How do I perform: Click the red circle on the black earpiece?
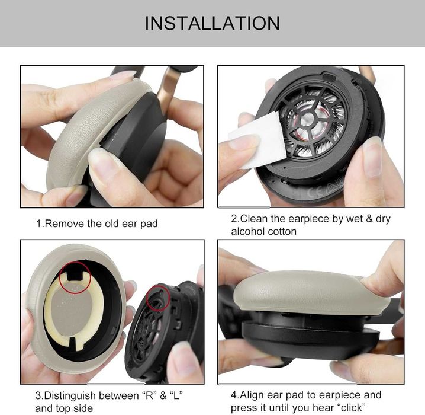click(159, 298)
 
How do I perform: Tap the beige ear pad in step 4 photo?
click(302, 290)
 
